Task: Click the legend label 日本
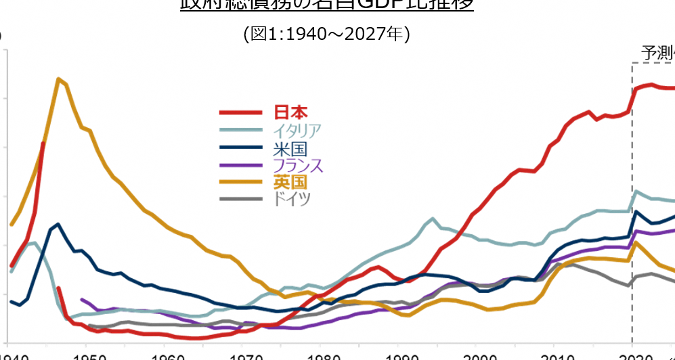pyautogui.click(x=290, y=112)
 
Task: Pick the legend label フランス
pyautogui.click(x=298, y=165)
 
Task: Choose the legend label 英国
pyautogui.click(x=290, y=182)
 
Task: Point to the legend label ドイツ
pyautogui.click(x=292, y=199)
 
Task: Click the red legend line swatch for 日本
pyautogui.click(x=240, y=113)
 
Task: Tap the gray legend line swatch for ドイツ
pyautogui.click(x=240, y=199)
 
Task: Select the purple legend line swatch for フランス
pyautogui.click(x=240, y=165)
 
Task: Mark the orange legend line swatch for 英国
pyautogui.click(x=240, y=182)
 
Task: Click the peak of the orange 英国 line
pyautogui.click(x=59, y=79)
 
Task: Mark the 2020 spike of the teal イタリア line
pyautogui.click(x=636, y=192)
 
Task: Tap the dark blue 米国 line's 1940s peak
pyautogui.click(x=59, y=224)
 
